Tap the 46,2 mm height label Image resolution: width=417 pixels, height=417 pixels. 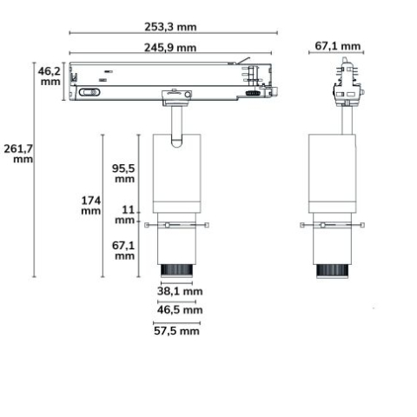pyautogui.click(x=50, y=76)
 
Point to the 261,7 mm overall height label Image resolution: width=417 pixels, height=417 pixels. pyautogui.click(x=17, y=153)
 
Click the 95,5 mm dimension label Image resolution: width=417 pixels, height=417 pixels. pyautogui.click(x=123, y=173)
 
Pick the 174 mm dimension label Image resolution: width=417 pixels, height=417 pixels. pyautogui.click(x=91, y=206)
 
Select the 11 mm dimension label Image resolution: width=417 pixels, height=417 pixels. pyautogui.click(x=125, y=215)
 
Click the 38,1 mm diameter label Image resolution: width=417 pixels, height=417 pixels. pyautogui.click(x=180, y=292)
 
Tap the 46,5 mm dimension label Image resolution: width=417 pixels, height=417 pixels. pyautogui.click(x=180, y=309)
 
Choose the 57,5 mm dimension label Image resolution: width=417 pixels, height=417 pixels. pyautogui.click(x=176, y=331)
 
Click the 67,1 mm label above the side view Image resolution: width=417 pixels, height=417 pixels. pyautogui.click(x=338, y=45)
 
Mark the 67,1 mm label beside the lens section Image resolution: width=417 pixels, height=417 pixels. pyautogui.click(x=123, y=250)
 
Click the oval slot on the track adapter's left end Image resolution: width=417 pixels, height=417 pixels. pyautogui.click(x=88, y=92)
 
